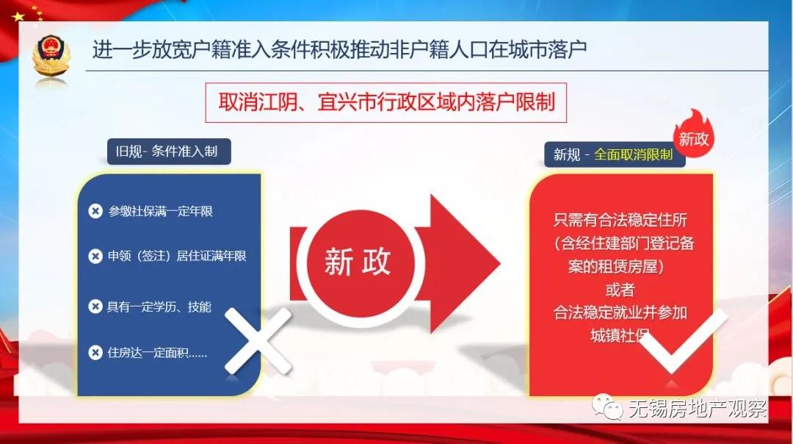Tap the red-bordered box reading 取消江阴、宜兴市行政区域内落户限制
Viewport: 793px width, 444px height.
point(387,102)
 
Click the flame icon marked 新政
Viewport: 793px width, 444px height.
point(693,132)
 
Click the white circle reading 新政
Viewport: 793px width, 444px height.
point(358,262)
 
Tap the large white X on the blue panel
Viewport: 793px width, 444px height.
point(258,340)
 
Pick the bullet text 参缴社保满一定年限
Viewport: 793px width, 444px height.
point(161,212)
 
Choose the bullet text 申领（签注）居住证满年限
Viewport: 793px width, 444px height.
point(177,257)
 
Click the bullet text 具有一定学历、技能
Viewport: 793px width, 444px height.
point(159,307)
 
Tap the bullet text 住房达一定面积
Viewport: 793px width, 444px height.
point(157,353)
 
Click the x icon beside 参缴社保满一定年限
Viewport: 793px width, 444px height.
point(95,212)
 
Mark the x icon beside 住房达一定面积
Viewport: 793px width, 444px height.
point(95,353)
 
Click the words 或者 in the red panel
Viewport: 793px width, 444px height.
point(620,289)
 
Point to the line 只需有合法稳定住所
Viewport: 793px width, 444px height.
point(620,220)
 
